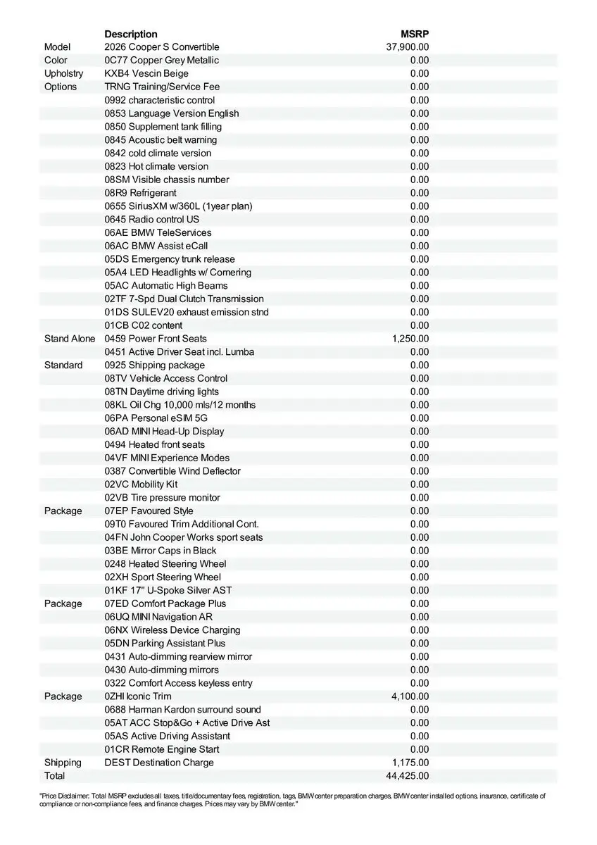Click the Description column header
131,34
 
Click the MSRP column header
415,34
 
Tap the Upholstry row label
63,73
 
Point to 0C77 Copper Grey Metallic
161,61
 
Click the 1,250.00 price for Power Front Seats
410,339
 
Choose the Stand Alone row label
69,339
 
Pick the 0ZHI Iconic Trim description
138,696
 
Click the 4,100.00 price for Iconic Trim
410,696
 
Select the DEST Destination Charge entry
159,763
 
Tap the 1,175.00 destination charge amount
410,763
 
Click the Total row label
54,776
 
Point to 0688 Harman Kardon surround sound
182,710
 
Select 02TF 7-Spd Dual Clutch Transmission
184,299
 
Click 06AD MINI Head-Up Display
164,432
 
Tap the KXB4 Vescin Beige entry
146,73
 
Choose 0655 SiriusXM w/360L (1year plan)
178,206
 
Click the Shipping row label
63,763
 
